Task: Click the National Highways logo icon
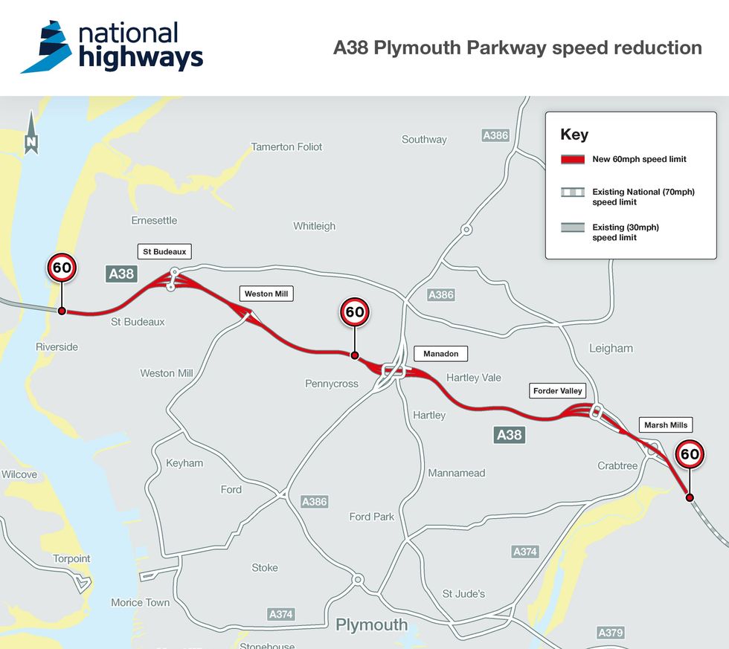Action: pos(46,47)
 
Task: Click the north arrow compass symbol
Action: pos(30,134)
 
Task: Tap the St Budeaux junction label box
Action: pos(164,251)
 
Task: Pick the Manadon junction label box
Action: pos(440,354)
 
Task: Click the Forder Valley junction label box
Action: pos(557,391)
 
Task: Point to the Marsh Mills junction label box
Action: pos(665,425)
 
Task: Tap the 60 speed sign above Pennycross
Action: pos(355,312)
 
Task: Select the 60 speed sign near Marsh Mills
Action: pos(690,453)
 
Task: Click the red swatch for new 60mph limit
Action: pos(572,159)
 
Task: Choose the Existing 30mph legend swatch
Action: pos(572,227)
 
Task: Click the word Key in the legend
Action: pos(574,135)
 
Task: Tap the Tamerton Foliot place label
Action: pos(286,146)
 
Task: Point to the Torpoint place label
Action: pos(71,558)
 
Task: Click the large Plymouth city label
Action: pos(371,624)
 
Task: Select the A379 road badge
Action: pos(611,633)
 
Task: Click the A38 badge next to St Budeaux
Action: pos(121,274)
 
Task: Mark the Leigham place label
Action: pos(611,348)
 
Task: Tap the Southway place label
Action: pos(424,139)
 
